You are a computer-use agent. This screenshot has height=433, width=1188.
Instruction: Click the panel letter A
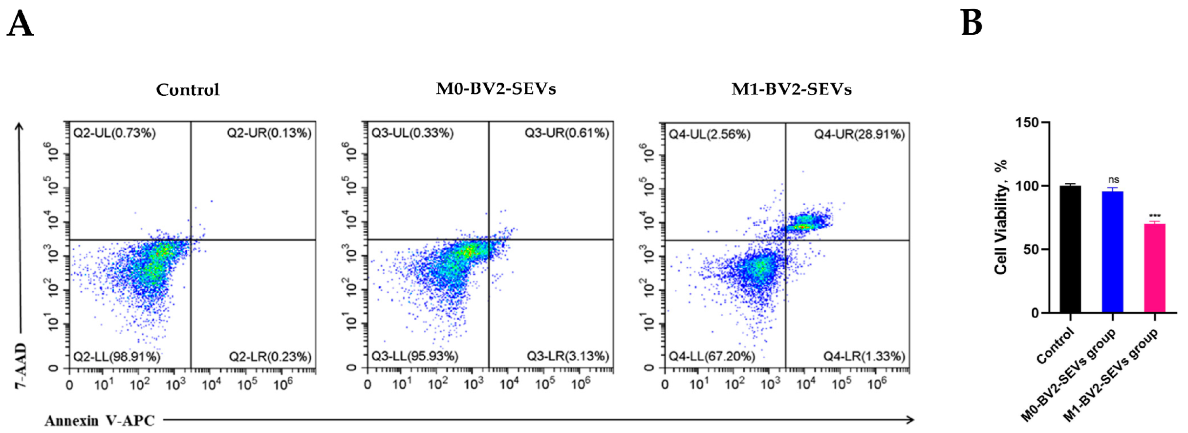coord(21,24)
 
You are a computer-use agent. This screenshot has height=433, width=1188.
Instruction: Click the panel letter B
coord(972,23)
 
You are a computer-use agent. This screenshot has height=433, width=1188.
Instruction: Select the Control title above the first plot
coord(188,90)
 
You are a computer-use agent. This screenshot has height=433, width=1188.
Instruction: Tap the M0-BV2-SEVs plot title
coord(496,89)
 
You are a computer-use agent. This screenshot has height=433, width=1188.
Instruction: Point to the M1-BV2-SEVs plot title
coord(791,89)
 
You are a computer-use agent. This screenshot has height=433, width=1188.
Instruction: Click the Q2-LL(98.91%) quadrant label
coord(117,357)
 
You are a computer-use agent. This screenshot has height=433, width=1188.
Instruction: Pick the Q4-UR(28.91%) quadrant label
coord(859,134)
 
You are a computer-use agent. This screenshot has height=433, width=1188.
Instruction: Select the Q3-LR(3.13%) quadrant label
coord(568,356)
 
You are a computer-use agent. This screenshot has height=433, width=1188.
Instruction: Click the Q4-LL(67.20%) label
coord(712,357)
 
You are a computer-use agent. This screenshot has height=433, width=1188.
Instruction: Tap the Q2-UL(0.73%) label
coord(114,133)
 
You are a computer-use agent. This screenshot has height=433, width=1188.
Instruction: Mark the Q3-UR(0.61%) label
coord(567,133)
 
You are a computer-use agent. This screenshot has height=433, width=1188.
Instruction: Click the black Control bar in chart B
coord(1070,249)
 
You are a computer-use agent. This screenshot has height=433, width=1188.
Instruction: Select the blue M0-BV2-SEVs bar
coord(1112,252)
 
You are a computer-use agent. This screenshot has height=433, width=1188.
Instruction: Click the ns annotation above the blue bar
coord(1113,180)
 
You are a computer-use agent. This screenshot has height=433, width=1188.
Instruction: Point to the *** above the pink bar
coord(1155,216)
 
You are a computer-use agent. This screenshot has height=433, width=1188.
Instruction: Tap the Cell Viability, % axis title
coord(1001,217)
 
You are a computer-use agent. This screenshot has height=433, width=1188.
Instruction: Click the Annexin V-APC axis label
coord(100,421)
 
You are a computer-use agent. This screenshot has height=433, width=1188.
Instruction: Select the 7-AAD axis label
coord(21,366)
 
